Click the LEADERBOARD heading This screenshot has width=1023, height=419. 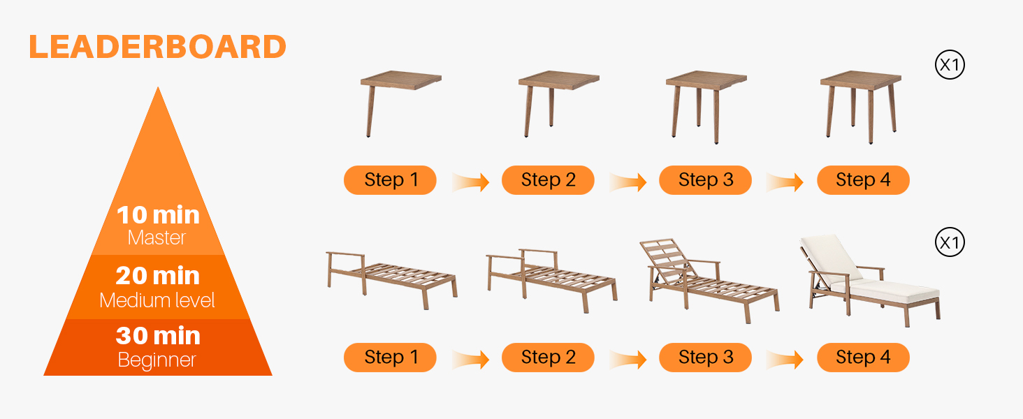coord(157,47)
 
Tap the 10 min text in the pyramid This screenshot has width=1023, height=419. coord(158,214)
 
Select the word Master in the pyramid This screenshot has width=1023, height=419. coord(157,238)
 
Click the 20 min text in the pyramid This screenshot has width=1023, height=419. coord(157,275)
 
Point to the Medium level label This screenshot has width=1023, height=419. coord(157,300)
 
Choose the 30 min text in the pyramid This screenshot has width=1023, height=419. coord(158,335)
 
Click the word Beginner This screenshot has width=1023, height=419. coord(157,360)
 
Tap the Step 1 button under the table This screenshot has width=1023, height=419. coord(390,180)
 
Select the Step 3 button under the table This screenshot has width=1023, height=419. coord(705,180)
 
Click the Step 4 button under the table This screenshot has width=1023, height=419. coord(863,180)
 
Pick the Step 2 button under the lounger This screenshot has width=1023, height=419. coord(548,357)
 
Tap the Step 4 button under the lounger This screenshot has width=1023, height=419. coord(863,357)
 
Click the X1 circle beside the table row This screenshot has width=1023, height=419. coord(950,64)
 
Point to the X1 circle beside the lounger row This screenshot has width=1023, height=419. coord(950,242)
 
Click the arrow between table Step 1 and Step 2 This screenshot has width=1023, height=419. coord(471,182)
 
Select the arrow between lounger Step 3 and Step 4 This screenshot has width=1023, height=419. coord(785,359)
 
